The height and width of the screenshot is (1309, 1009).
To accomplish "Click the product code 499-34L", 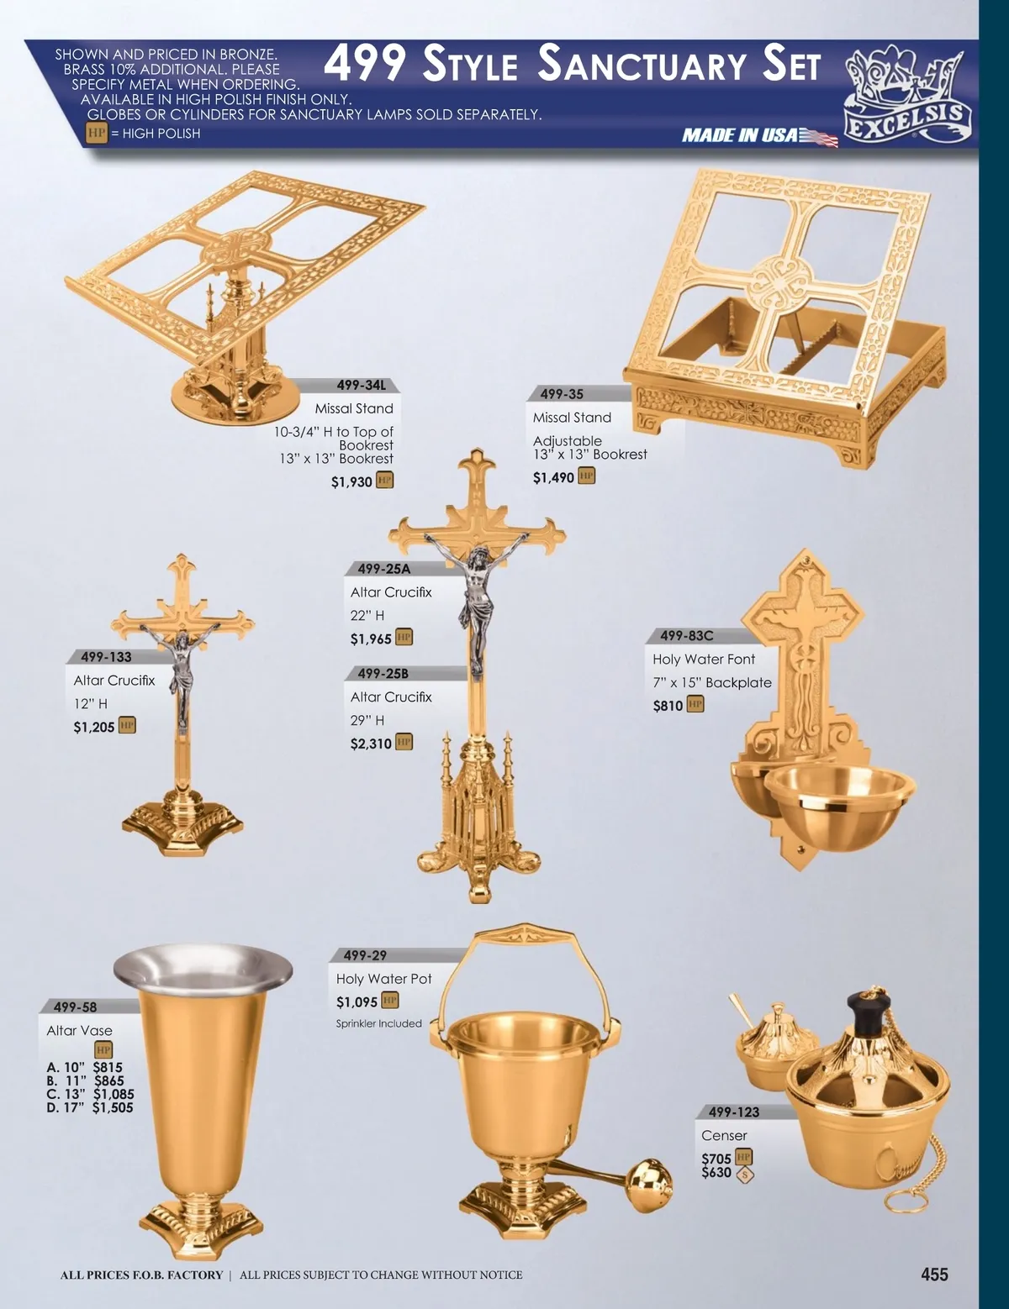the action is point(361,385).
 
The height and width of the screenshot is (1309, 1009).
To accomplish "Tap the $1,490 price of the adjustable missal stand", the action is point(553,478).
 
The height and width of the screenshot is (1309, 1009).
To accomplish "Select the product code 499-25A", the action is point(384,569).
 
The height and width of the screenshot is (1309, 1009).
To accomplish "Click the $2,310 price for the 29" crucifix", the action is point(371,744).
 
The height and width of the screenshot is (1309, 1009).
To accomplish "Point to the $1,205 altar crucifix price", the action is point(94,727).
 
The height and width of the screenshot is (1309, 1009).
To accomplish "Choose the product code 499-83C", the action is point(686,635).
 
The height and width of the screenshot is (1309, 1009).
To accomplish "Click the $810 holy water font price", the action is point(668,706).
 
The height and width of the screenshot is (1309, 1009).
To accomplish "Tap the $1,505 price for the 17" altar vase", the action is point(113,1107).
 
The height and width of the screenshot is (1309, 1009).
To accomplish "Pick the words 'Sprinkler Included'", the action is point(378,1023).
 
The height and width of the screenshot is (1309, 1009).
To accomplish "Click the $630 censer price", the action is point(716,1172).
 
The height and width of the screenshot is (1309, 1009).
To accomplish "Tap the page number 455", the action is point(934,1274).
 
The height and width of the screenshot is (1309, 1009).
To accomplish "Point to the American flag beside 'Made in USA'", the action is point(818,137).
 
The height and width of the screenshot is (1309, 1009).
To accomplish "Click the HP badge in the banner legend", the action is point(97,133).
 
